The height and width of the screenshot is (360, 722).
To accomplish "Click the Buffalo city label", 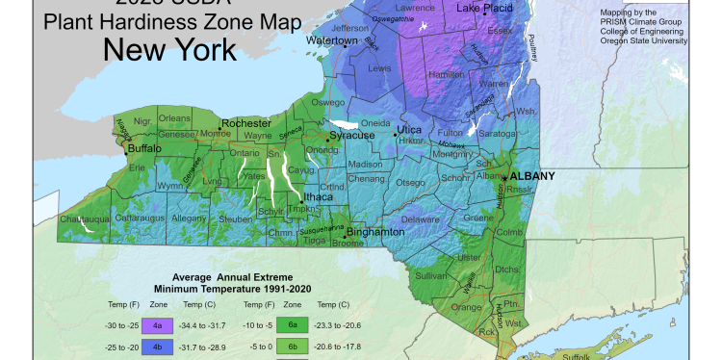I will click(144, 150).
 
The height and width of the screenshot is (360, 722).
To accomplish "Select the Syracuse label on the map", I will click(351, 137).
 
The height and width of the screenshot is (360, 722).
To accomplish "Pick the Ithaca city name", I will click(319, 196).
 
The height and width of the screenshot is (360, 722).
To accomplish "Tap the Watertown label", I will click(331, 41).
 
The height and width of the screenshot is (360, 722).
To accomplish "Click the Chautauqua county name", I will click(87, 220).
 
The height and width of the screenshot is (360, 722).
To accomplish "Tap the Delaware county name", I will click(418, 219).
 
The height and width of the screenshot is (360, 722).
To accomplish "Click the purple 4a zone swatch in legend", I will click(157, 327).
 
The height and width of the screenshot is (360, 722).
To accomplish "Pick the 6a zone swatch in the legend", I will click(292, 327).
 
